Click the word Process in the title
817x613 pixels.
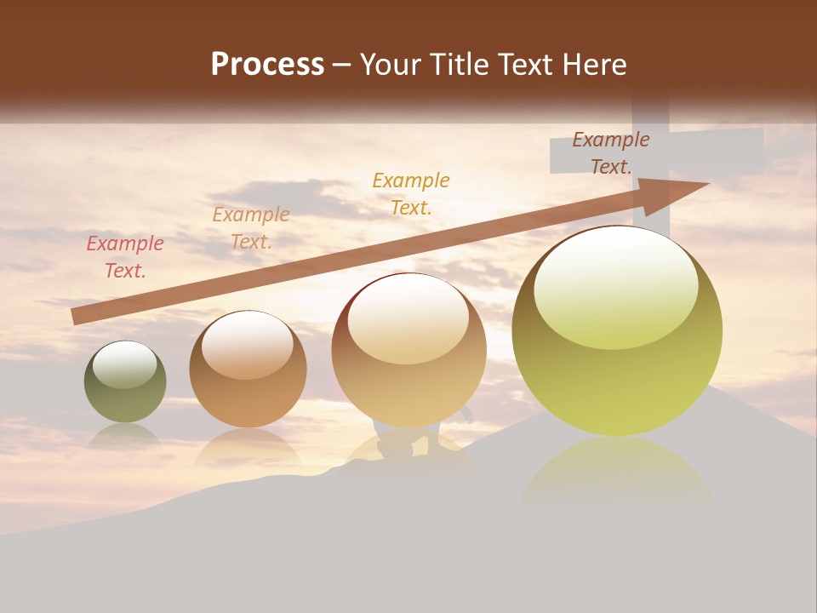point(267,65)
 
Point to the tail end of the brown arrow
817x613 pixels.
point(75,316)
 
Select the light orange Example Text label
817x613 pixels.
point(251,228)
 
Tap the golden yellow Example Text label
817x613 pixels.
point(411,193)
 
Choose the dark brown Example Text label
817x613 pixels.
point(610,153)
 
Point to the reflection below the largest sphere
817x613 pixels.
point(616,468)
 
